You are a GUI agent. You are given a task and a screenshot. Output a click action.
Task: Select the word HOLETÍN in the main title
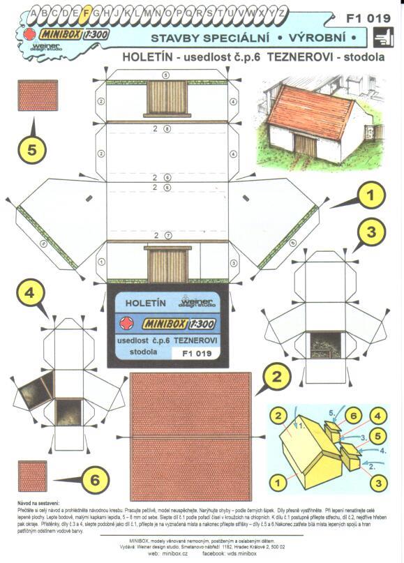tap(147, 58)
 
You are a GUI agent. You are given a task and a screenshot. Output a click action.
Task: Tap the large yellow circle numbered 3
tap(372, 231)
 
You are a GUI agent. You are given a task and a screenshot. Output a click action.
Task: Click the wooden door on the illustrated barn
tap(305, 146)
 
